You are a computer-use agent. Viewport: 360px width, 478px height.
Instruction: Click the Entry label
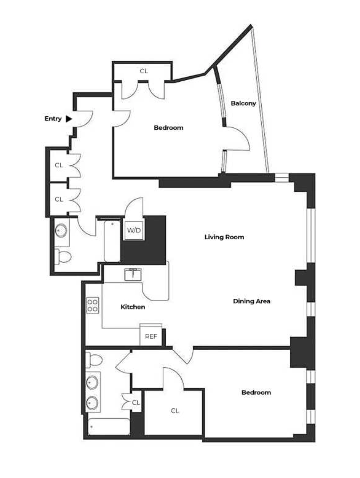[x=53, y=119]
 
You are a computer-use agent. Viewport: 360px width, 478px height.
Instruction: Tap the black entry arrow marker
[x=69, y=119]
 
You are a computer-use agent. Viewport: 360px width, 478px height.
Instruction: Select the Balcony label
[x=243, y=103]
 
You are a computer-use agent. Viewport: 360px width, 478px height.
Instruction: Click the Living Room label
[x=224, y=237]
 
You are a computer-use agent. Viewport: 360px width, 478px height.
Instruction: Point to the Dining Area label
[x=251, y=301]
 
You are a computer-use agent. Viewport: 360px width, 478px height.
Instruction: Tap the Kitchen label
[x=133, y=307]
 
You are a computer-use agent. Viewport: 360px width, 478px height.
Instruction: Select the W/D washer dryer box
[x=134, y=230]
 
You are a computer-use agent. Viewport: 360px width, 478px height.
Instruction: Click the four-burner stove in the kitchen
[x=92, y=305]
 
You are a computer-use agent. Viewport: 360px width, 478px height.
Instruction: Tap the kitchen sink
[x=133, y=274]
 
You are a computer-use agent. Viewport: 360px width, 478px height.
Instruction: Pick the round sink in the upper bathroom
[x=62, y=230]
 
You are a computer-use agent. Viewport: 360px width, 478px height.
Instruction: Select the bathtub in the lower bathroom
[x=109, y=426]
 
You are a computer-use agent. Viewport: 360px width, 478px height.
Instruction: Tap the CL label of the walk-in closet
[x=175, y=411]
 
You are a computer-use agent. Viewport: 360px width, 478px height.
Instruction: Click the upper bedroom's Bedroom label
[x=169, y=128]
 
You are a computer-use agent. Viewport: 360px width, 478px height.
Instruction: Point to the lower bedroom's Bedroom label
[x=256, y=393]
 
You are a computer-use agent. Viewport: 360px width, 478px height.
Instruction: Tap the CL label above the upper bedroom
[x=144, y=71]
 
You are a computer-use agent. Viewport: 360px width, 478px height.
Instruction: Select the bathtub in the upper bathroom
[x=112, y=241]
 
